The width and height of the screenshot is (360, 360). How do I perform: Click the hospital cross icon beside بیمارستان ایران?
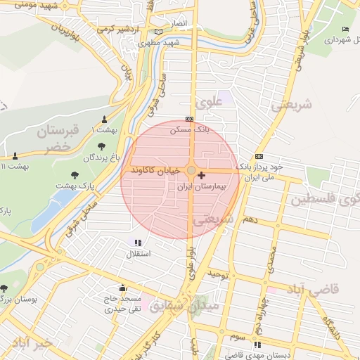tap(202, 175)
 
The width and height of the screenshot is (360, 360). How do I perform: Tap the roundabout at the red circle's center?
tap(191, 170)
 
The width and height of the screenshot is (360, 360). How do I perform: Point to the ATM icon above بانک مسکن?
tap(188, 120)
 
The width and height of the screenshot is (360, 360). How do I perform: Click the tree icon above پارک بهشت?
tap(75, 174)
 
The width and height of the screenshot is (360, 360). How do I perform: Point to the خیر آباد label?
tap(32, 343)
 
